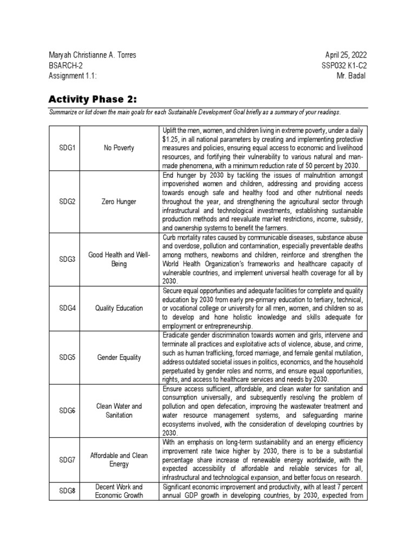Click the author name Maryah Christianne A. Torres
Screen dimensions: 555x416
pos(93,55)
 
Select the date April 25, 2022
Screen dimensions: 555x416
pos(345,55)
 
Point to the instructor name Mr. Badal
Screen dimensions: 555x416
pos(351,75)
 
